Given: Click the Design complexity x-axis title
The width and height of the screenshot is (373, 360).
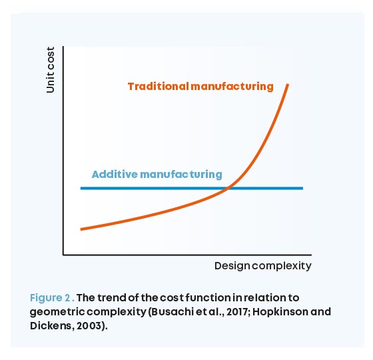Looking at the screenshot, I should (262, 266).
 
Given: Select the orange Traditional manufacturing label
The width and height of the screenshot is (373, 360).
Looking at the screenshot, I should (200, 87).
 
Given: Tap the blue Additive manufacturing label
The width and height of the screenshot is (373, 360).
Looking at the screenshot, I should (157, 174).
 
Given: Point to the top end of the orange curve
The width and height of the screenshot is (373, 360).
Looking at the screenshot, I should (288, 84).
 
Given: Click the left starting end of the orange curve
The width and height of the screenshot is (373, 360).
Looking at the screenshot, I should (81, 229).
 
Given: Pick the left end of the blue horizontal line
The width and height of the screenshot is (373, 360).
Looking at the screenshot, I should (81, 188).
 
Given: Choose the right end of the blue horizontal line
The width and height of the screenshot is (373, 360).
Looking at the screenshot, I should (303, 188).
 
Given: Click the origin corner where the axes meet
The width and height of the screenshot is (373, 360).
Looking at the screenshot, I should (63, 255).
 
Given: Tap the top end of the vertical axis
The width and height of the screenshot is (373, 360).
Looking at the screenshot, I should (63, 47).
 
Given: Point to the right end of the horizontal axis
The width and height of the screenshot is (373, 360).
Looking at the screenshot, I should (310, 255).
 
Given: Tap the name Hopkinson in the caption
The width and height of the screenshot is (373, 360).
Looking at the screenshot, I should (270, 311).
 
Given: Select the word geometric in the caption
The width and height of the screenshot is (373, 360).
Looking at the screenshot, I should (57, 311).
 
